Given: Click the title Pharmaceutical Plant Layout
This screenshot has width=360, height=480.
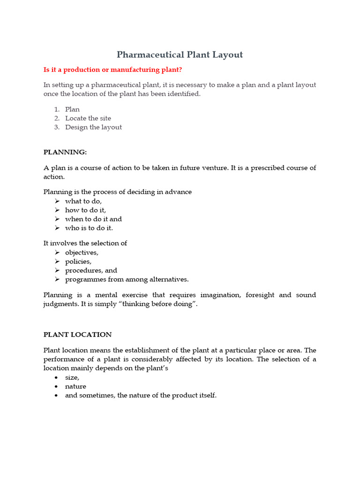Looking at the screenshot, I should (180, 55).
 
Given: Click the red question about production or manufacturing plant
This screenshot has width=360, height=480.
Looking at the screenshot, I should (112, 70).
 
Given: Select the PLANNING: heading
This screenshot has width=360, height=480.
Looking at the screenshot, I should (65, 152).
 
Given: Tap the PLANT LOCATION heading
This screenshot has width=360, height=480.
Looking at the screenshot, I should (77, 335).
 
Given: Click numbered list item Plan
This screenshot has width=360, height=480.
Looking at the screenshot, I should (72, 109).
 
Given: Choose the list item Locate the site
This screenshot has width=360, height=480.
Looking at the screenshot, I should (88, 118).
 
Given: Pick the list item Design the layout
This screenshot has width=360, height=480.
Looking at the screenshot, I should (93, 127).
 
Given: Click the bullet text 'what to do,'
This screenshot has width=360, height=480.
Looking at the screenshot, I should (83, 201).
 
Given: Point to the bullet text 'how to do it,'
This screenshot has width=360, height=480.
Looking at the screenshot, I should (85, 210).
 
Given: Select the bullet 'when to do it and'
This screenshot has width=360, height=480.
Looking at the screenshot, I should (93, 219).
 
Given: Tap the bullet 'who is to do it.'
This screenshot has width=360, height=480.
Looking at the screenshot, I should (89, 228).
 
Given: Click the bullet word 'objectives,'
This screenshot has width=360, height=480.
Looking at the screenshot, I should (82, 252).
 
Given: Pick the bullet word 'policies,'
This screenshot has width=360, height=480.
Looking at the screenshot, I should (78, 261).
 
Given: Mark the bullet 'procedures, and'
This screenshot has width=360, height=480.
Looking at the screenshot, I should (91, 270).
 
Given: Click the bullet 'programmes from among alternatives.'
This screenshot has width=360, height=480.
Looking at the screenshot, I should (127, 279).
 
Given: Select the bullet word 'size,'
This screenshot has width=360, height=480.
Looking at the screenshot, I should (72, 377).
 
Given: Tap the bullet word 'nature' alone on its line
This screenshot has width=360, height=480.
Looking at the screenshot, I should (75, 386).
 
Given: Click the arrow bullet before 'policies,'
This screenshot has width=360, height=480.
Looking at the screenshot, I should (57, 262).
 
